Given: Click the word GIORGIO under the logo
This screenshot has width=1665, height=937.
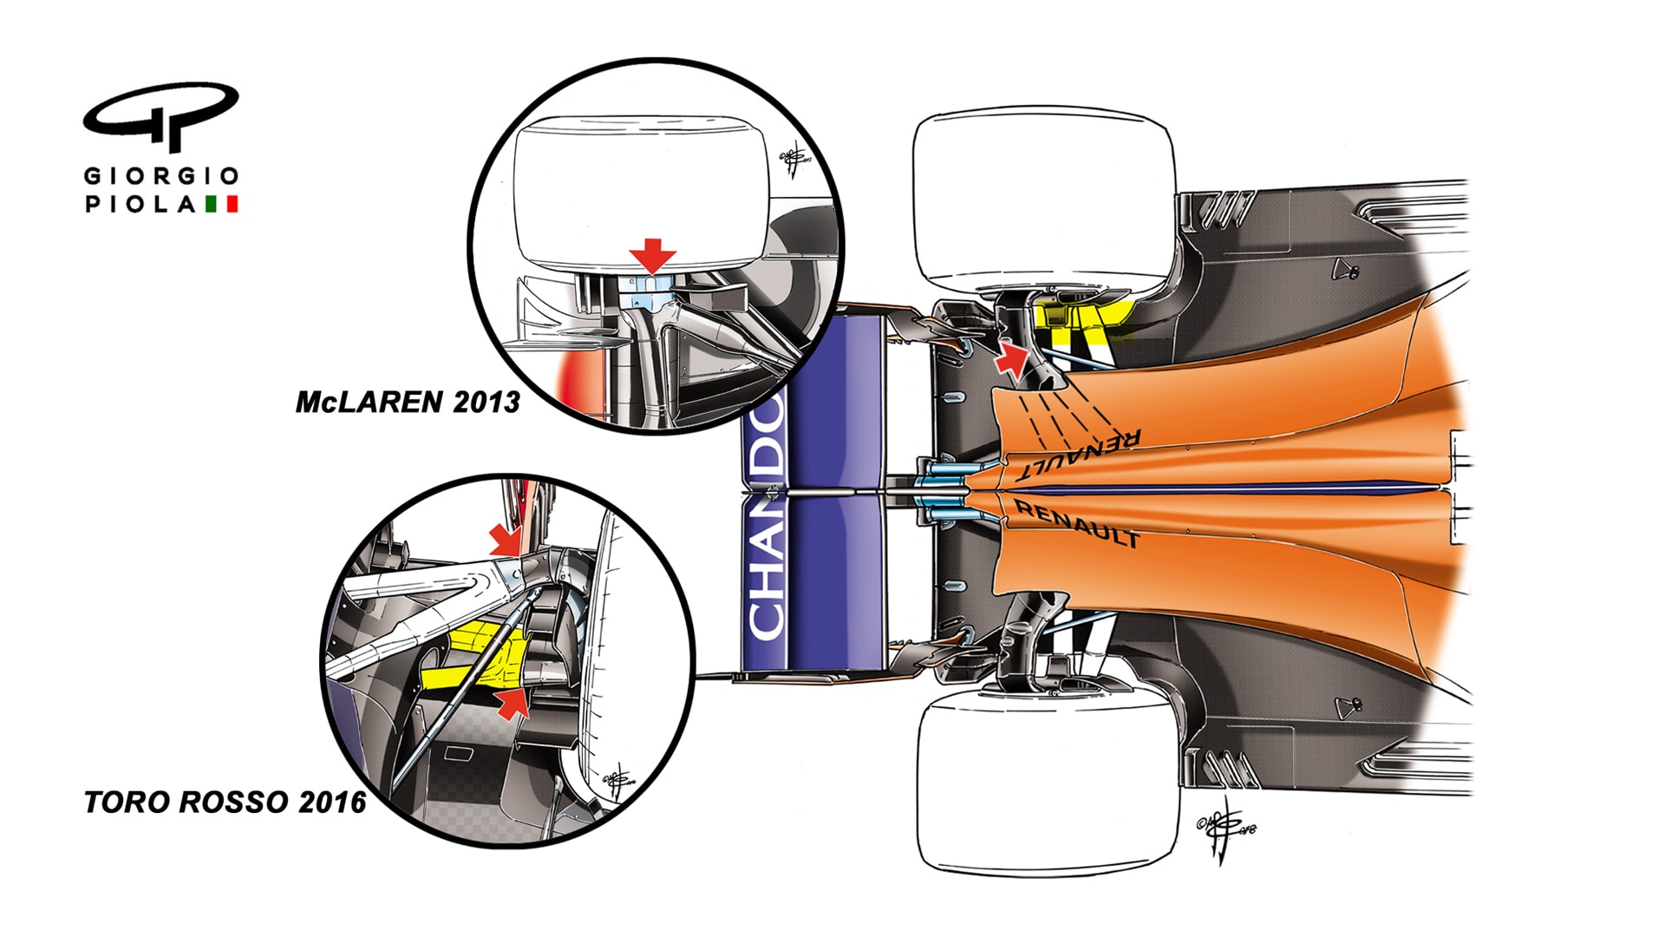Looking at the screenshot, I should tap(161, 176).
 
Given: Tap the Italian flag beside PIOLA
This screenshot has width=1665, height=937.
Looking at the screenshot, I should tap(222, 205).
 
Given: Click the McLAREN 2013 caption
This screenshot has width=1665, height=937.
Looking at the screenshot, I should tap(408, 403).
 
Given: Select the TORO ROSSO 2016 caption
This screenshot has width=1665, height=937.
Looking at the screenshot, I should tap(225, 802).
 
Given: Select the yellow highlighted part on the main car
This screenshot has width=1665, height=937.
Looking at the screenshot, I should tap(1084, 321).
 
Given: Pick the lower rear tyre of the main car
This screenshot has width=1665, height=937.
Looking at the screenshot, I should tap(1047, 785).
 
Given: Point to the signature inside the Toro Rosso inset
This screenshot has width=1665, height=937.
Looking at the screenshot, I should tap(617, 781).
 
